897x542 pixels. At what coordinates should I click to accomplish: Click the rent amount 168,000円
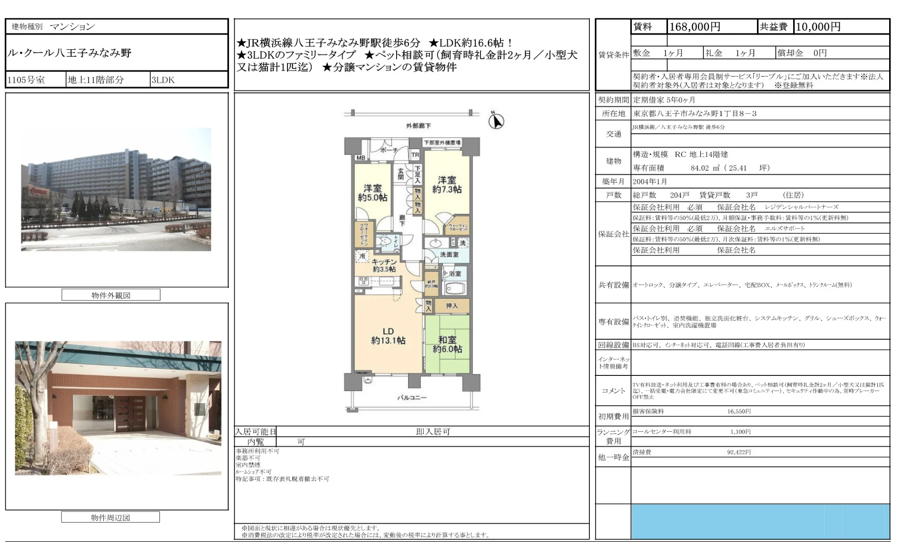(695, 27)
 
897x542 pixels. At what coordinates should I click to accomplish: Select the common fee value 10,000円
(818, 27)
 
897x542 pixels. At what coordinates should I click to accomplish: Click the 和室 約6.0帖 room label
(447, 344)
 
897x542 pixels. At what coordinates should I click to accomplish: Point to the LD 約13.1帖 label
(388, 336)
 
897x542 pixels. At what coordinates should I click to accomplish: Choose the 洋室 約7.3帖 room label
(447, 184)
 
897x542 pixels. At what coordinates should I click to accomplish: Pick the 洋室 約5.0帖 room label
(372, 193)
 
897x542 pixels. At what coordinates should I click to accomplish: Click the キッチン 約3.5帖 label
(384, 265)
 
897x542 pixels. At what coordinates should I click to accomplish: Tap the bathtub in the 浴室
(455, 289)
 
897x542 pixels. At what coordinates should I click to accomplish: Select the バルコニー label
(411, 398)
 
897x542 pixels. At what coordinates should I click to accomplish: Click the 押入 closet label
(452, 306)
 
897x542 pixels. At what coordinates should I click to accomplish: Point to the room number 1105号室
(26, 80)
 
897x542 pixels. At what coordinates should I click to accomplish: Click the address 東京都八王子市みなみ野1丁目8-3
(695, 114)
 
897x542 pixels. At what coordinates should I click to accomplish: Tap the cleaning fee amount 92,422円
(739, 452)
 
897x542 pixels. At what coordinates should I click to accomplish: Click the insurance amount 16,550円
(739, 411)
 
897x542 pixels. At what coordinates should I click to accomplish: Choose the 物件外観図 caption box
(111, 295)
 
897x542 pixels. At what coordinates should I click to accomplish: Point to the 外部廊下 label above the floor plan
(418, 126)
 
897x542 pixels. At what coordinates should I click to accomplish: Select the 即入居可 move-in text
(433, 432)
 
